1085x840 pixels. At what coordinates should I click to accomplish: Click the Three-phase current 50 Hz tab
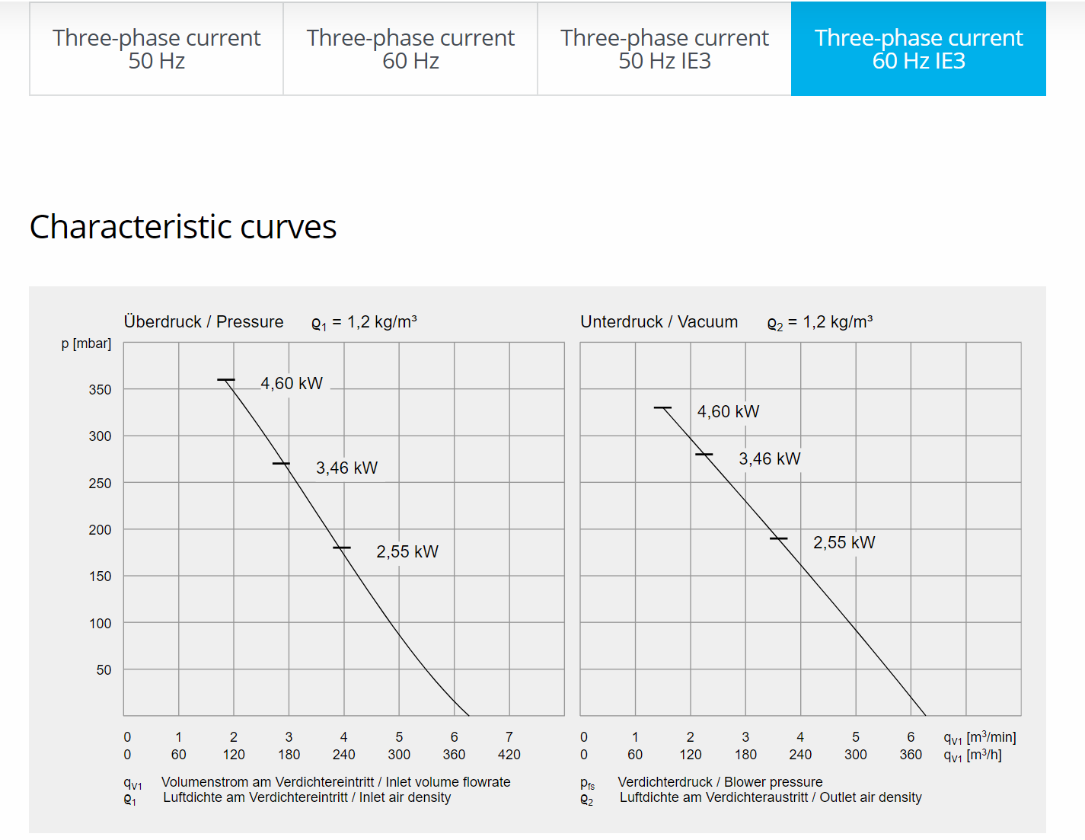[156, 49]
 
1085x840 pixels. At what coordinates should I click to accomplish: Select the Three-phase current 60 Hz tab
[410, 49]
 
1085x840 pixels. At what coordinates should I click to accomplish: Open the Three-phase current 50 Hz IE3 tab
[664, 49]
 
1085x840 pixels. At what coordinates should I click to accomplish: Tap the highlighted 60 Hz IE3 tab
[918, 49]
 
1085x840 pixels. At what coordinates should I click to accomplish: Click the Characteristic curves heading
[183, 227]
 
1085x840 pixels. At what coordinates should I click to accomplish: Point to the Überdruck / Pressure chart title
[203, 321]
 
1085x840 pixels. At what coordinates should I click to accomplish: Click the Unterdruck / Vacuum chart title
[659, 321]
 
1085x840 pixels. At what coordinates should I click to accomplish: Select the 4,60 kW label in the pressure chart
[292, 383]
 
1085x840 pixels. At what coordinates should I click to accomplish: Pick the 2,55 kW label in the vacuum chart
[844, 542]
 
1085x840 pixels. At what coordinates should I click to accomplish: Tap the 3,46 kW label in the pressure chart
[346, 468]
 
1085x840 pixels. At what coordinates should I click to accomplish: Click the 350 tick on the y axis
[100, 389]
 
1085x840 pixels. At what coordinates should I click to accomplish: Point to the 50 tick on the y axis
[104, 669]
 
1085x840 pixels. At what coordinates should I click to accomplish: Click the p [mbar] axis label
[86, 343]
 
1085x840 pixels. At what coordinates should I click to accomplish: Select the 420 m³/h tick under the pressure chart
[509, 754]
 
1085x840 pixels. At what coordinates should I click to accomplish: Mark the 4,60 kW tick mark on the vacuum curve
[662, 408]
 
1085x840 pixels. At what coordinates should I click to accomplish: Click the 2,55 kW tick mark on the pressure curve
[342, 548]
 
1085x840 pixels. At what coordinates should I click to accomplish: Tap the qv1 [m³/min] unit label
[979, 737]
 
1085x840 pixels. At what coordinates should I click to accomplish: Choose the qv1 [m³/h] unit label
[972, 755]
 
